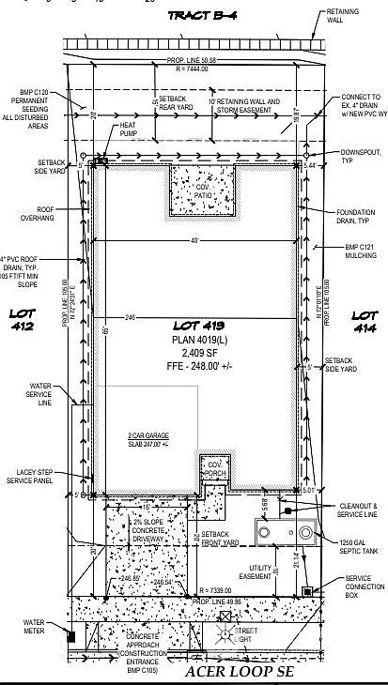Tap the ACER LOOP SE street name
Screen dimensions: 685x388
point(241,673)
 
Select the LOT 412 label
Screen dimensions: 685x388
point(22,320)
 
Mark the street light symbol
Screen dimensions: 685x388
point(225,635)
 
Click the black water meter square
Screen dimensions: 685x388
point(70,635)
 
